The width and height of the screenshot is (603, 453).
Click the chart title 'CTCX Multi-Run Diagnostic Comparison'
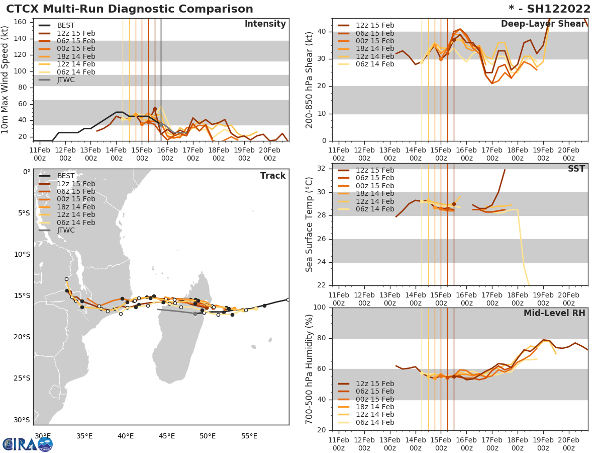click(x=130, y=9)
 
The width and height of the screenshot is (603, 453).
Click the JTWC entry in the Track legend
click(x=66, y=230)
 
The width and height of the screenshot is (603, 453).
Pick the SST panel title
click(x=576, y=169)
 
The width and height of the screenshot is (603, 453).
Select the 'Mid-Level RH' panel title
click(x=554, y=313)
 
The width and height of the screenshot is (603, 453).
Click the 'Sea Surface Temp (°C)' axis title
click(x=310, y=224)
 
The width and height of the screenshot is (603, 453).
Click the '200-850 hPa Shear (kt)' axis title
click(x=310, y=80)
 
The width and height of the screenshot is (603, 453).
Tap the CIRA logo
click(x=28, y=444)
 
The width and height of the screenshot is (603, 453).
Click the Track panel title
click(x=273, y=176)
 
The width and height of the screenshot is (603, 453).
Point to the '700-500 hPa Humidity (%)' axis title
click(x=310, y=368)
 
